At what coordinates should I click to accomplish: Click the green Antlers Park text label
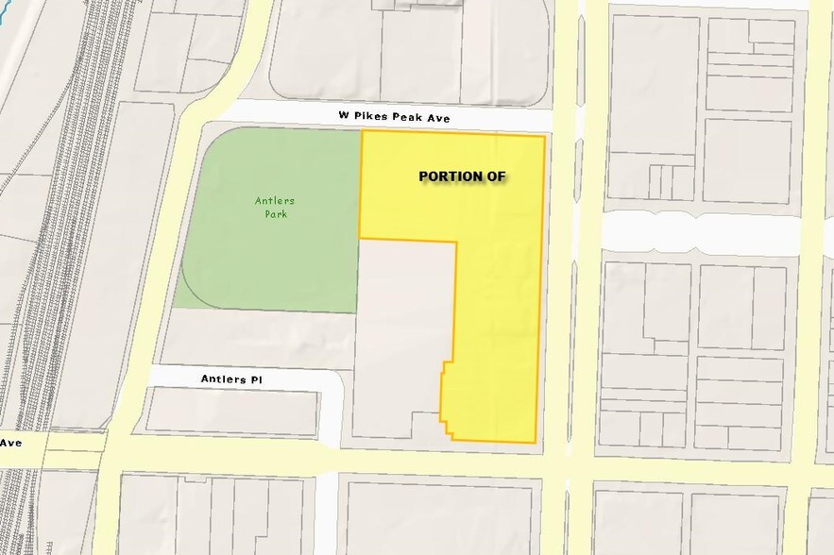(x=270, y=207)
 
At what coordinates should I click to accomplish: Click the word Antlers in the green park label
(x=270, y=200)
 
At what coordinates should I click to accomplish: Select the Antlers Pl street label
(x=235, y=379)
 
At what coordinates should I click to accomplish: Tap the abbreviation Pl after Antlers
(x=264, y=379)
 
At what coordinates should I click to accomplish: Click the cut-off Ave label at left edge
(x=11, y=442)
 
